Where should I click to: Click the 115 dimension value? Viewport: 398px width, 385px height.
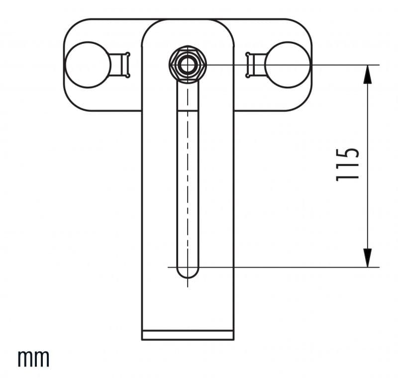[347, 165]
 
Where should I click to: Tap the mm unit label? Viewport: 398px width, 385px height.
[33, 358]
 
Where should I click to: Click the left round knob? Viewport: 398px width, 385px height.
[88, 65]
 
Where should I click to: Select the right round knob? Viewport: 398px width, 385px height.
[288, 65]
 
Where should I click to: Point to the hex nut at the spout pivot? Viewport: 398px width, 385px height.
[188, 65]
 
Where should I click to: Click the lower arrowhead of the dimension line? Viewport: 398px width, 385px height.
[367, 258]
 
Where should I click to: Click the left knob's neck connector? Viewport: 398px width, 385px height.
[120, 65]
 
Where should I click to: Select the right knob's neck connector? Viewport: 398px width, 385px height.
[255, 65]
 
